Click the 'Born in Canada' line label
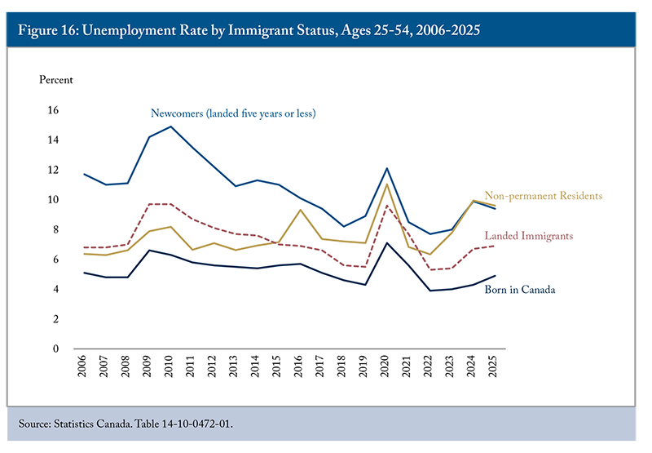pos(519,290)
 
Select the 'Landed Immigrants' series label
pos(528,236)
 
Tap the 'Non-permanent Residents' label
pos(543,196)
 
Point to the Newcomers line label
pos(233,113)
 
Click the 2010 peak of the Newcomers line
pos(171,127)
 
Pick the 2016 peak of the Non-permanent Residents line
pos(301,210)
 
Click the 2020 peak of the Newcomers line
pos(387,168)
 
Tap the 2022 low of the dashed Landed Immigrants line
pos(430,270)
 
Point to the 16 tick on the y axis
pos(53,110)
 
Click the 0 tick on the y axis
pos(55,349)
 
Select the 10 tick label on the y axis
pos(53,200)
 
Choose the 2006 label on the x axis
pos(82,366)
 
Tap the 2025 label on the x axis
pos(493,366)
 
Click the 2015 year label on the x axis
pos(276,366)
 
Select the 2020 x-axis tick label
pos(385,366)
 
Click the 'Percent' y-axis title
pos(56,79)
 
